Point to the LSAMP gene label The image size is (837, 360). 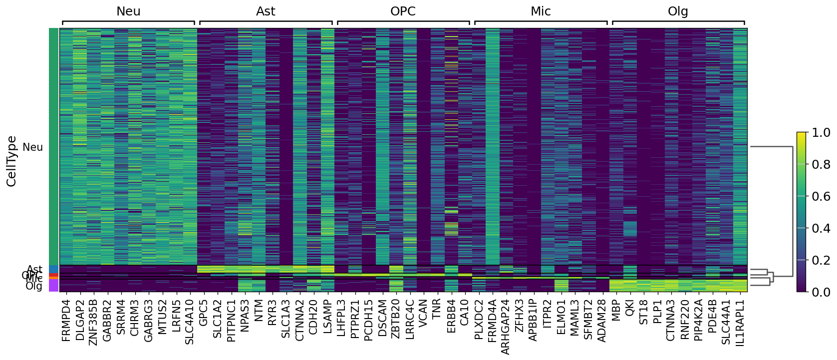tap(327, 317)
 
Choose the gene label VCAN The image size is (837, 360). tap(423, 313)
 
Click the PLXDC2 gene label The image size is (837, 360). tap(479, 320)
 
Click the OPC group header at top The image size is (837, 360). tap(403, 11)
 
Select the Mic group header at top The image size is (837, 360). tap(541, 11)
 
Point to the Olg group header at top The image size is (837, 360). tap(678, 11)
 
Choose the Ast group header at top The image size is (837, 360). tap(266, 11)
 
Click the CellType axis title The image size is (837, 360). tap(12, 161)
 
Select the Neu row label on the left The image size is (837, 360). tap(33, 147)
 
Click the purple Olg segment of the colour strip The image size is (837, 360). tap(53, 286)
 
